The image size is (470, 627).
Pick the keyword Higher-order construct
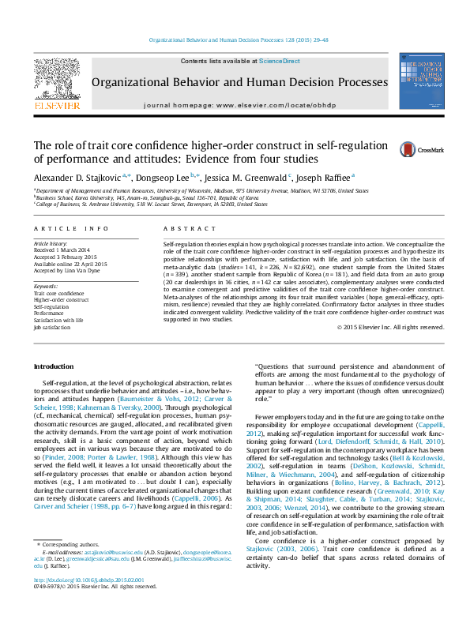click(62, 299)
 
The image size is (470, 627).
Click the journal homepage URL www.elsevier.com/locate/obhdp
click(268, 105)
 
